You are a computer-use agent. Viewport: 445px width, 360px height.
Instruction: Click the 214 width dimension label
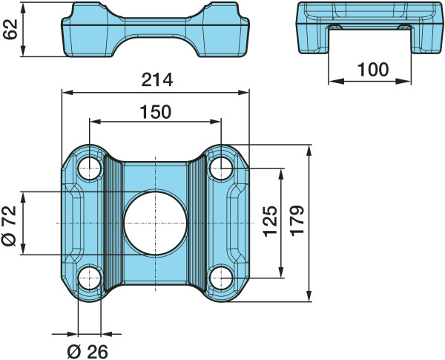157,80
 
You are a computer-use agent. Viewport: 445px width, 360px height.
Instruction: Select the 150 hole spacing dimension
156,112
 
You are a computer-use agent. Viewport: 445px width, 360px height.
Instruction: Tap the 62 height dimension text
10,29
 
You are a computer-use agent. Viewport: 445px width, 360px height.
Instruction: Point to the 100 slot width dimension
372,70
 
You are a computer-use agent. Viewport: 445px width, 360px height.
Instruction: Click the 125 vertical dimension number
270,221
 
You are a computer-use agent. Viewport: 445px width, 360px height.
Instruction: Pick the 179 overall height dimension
297,220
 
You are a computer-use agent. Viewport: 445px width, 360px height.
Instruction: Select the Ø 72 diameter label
9,226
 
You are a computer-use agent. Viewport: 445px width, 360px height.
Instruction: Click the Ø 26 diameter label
88,352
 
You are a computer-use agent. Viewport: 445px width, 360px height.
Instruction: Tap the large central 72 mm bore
155,223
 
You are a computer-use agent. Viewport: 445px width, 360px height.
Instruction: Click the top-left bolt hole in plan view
90,168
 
